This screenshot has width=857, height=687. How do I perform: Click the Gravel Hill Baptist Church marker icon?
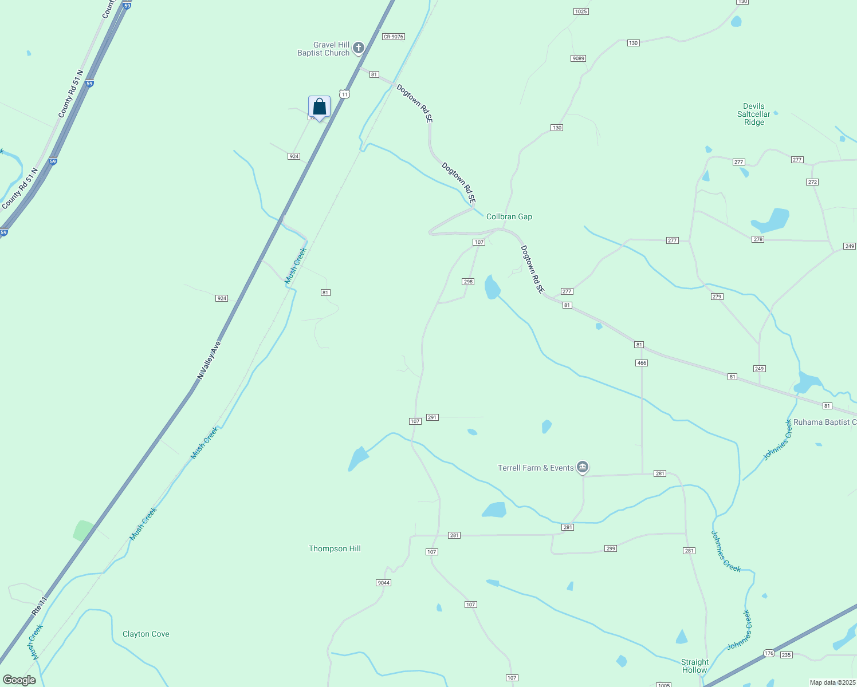coord(359,48)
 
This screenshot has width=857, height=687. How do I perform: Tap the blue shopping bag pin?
coord(319,107)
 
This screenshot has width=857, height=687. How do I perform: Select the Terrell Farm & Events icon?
coord(583,468)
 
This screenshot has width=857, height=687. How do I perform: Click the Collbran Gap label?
coord(509,216)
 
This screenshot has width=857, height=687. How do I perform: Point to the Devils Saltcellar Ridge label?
coord(754,114)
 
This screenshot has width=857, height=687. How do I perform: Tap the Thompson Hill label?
coord(335,548)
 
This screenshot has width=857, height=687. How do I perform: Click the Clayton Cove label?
coord(146,634)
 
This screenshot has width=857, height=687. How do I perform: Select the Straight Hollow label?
coord(694,666)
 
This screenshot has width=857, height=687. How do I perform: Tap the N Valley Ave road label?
coord(209,361)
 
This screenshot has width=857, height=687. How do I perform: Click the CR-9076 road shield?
coord(394,37)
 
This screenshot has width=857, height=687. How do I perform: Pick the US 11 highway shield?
coord(344,94)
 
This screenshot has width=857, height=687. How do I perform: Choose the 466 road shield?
coord(642,363)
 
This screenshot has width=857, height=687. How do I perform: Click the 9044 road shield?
coord(383,583)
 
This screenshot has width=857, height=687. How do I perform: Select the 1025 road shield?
coord(581,11)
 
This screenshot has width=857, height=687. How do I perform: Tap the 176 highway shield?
coord(769,653)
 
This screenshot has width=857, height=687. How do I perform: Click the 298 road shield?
coord(468,282)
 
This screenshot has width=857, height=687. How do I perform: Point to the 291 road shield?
coord(433,417)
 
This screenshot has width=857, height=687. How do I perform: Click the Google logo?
coord(19,680)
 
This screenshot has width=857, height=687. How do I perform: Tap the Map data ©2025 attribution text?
coord(832,682)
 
